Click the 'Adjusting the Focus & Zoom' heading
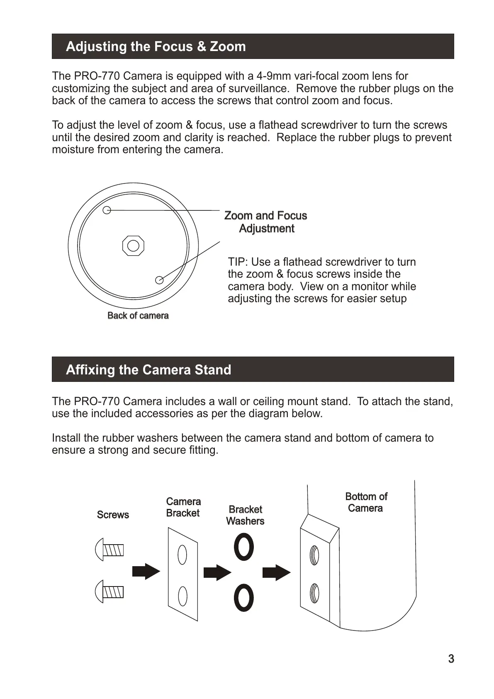(156, 46)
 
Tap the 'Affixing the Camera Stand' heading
(148, 369)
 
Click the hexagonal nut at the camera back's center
(133, 246)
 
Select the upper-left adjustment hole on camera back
(107, 210)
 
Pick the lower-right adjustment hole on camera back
(159, 280)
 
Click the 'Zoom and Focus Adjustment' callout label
(266, 222)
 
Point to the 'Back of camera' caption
(138, 315)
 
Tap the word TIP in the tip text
(238, 262)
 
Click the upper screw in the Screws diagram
(110, 550)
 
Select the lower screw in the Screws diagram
(110, 591)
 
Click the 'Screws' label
(113, 515)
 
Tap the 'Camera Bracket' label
(183, 507)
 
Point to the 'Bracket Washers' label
(245, 515)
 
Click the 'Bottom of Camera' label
(366, 502)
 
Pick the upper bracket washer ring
(244, 547)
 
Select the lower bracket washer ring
(244, 598)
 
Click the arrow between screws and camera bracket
(146, 572)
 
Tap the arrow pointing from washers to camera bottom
(277, 572)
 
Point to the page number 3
(451, 659)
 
